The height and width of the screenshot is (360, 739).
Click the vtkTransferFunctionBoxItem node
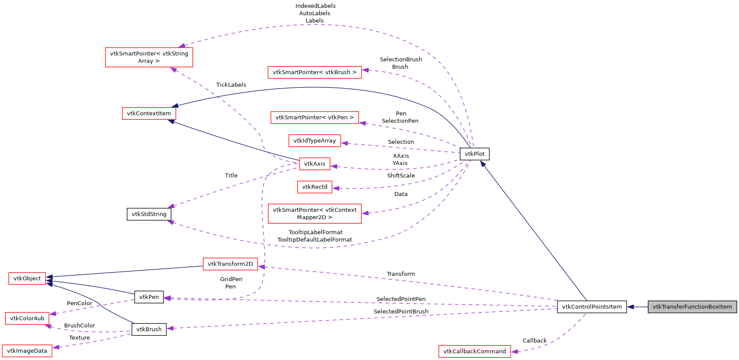click(692, 307)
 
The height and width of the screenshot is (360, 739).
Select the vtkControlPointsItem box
click(592, 307)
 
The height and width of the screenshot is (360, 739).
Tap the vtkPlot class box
click(475, 154)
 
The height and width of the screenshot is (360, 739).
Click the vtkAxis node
click(314, 164)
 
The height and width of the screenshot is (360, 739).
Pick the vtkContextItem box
click(149, 113)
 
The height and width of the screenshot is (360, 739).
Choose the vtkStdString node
click(149, 214)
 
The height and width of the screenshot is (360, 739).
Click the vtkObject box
click(27, 278)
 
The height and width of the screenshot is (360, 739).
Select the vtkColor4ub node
click(27, 318)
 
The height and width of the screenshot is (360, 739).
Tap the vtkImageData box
click(27, 351)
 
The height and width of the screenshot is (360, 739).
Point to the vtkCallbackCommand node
click(475, 351)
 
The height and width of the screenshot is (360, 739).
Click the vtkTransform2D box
click(230, 264)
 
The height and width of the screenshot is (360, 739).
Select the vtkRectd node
click(314, 187)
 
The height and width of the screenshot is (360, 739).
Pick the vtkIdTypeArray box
click(314, 141)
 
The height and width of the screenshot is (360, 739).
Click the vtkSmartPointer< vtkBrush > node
click(314, 72)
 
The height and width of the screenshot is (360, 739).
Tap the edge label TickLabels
click(231, 85)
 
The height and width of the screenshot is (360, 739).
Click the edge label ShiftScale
click(401, 175)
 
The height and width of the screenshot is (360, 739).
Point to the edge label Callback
click(534, 340)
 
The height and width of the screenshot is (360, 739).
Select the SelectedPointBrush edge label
click(401, 311)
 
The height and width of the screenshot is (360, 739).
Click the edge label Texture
click(79, 337)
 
